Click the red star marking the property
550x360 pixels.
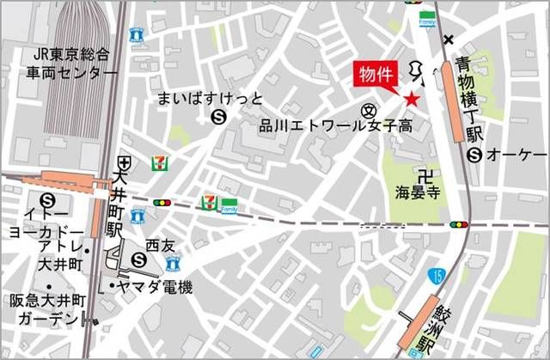click(x=412, y=101)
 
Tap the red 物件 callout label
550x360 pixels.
click(x=376, y=75)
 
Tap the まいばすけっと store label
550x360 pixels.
click(x=209, y=99)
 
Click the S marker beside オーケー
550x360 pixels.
click(x=474, y=155)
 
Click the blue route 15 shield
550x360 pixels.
click(x=438, y=277)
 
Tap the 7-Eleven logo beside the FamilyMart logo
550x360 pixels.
click(x=208, y=203)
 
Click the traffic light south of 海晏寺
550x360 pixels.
click(x=459, y=225)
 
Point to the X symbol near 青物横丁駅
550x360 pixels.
click(x=448, y=40)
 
